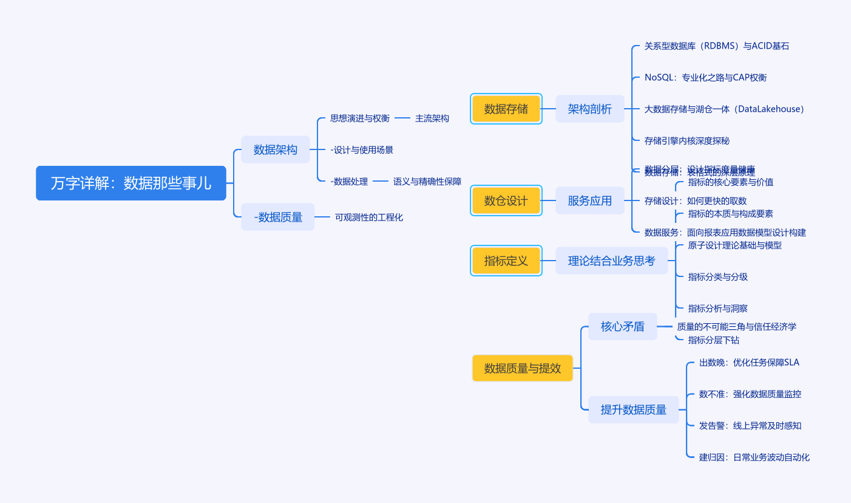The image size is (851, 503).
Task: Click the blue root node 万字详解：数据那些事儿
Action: tap(131, 183)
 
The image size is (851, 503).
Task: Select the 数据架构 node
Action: tap(276, 149)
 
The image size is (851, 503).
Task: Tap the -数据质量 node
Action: tap(278, 217)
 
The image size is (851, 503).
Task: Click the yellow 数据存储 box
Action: tap(506, 109)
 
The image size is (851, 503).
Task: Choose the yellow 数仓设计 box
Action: tap(506, 200)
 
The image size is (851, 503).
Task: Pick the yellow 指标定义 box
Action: tap(506, 261)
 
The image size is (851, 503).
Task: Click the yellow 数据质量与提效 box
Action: tap(523, 368)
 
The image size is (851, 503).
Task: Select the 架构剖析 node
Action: tap(590, 109)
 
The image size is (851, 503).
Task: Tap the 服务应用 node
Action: tap(590, 200)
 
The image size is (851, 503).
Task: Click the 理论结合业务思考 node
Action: tap(611, 261)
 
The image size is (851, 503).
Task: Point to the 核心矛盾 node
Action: tap(623, 326)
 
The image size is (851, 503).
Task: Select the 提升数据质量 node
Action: tap(634, 409)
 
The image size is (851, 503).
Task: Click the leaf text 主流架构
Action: tap(432, 118)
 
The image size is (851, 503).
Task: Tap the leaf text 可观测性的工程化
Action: tap(369, 217)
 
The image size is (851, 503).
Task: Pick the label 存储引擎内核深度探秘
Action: tap(687, 140)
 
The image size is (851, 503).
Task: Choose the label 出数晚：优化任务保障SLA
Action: tap(749, 363)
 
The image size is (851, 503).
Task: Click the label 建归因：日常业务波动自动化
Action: tap(754, 457)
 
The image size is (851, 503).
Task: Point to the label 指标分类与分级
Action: tap(718, 277)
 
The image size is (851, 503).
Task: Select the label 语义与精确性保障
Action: tap(427, 181)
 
